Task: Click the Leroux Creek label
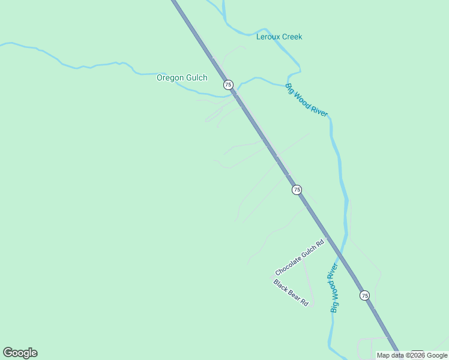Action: click(279, 37)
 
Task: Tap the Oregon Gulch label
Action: click(182, 77)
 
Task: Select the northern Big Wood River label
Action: click(307, 100)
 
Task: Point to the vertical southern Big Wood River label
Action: click(334, 287)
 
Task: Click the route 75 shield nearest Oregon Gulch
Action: click(228, 85)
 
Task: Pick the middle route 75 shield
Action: click(297, 190)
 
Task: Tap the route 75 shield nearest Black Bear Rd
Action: click(364, 295)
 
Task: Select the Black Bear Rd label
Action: click(291, 293)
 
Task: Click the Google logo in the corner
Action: click(20, 353)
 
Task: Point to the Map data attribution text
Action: click(412, 355)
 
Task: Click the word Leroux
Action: click(268, 37)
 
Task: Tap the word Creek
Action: click(292, 37)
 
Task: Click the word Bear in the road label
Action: click(294, 295)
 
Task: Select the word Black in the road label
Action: click(281, 286)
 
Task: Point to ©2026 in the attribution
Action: click(414, 355)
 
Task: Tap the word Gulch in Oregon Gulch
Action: click(196, 77)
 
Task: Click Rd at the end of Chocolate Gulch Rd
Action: click(320, 243)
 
